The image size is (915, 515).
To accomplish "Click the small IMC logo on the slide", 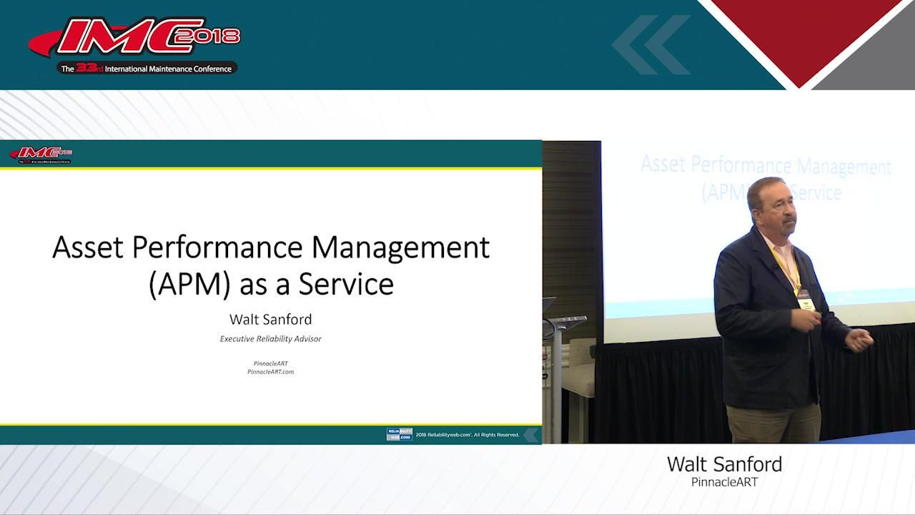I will [x=41, y=154].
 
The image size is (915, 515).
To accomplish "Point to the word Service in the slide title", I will [x=346, y=284].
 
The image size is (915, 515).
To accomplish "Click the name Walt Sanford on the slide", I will [x=270, y=319].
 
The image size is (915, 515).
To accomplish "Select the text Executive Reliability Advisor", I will [x=270, y=338].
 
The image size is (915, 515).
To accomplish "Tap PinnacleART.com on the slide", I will [x=270, y=372].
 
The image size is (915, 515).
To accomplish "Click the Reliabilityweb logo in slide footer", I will [x=399, y=434].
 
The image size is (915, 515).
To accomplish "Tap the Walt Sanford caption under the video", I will [x=724, y=464].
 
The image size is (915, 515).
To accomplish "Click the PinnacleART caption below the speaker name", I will [x=724, y=483].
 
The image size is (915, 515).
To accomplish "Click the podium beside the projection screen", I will [x=565, y=358].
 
